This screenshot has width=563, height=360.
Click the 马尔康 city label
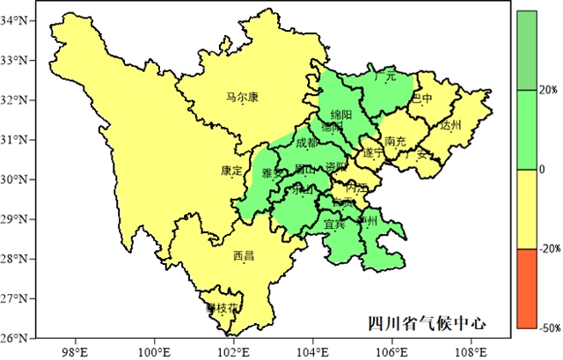tap(242, 98)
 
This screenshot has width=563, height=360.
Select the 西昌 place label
tap(244, 256)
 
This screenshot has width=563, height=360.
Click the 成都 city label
tap(308, 143)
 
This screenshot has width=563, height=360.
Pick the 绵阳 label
tap(340, 115)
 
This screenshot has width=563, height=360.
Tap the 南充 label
tap(395, 141)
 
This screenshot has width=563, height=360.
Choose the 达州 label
tap(450, 125)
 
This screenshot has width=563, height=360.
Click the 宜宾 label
tap(335, 224)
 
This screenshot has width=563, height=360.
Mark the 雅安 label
tap(274, 173)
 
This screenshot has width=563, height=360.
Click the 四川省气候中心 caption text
tap(427, 324)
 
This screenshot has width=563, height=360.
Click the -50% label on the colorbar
tap(549, 327)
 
